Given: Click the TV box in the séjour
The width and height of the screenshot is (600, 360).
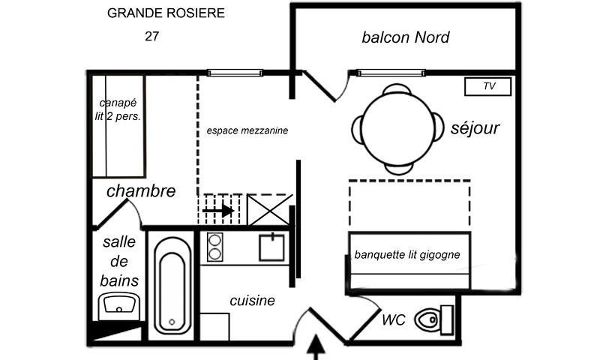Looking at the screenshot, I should (488, 86).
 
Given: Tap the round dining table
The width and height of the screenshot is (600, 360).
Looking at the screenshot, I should (397, 128).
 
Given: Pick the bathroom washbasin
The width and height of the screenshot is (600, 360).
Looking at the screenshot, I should (118, 306).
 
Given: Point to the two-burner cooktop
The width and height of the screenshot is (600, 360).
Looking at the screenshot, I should (214, 247).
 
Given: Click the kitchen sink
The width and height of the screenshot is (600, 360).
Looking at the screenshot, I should (271, 246).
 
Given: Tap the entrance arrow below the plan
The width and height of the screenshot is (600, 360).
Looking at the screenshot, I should (317, 347).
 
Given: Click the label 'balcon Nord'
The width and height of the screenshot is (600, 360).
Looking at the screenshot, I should (405, 37).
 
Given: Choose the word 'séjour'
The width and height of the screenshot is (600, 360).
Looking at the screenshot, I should (475, 128).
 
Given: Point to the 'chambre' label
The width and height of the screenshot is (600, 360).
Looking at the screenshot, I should (141, 191).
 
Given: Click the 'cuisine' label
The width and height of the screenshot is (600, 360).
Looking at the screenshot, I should (252, 301).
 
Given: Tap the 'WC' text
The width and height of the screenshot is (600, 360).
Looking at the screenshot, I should (394, 320).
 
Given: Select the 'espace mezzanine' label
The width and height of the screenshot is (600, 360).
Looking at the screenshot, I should (247, 130).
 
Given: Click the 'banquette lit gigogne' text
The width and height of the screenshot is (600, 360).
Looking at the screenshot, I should (407, 255).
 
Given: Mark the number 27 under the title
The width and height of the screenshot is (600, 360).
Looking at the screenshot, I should (152, 35).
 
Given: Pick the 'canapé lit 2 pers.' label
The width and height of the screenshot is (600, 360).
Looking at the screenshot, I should (120, 109).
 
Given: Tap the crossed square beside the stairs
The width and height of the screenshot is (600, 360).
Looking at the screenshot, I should (268, 209).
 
